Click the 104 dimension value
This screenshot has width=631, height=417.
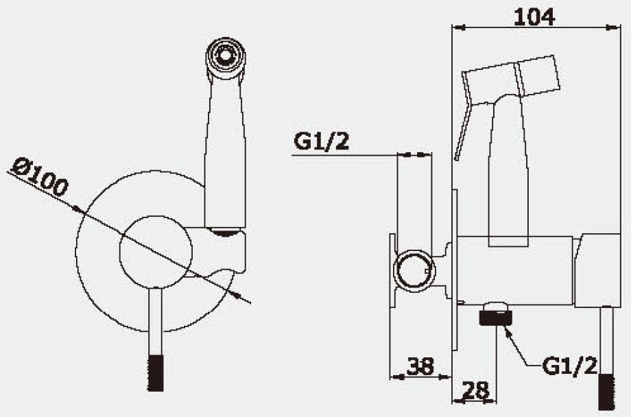pos(534,17)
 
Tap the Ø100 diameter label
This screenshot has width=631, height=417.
pos(40,178)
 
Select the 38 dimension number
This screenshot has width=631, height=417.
pos(420,366)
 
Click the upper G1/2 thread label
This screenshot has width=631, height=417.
pos(321,141)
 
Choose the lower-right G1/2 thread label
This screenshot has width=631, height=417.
pos(569,366)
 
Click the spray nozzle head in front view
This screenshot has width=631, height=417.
pos(226,58)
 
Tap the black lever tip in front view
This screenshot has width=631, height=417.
pos(156,372)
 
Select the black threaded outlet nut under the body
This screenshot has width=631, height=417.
pos(496,314)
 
